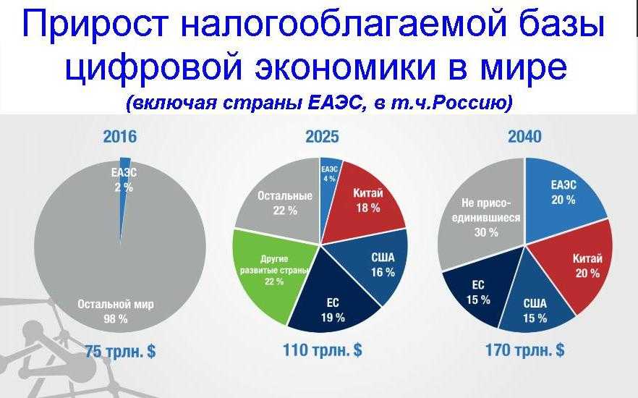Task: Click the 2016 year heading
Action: [119, 137]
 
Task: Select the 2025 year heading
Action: [322, 137]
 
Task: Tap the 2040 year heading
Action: [524, 137]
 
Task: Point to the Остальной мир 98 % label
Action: [116, 311]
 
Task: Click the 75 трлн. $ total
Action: [120, 351]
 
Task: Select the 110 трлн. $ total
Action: [323, 350]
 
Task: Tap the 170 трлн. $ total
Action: [525, 350]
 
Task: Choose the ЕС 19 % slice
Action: [331, 301]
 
